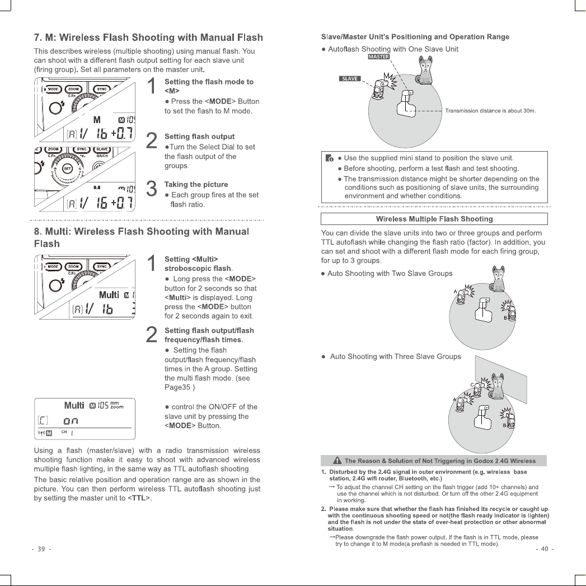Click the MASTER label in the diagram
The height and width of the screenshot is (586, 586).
point(378,57)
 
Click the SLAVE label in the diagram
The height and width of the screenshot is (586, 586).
point(350,78)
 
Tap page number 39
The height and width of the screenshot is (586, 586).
point(41,549)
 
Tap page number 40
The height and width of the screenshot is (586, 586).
point(545,549)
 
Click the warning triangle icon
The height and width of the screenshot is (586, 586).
point(337,461)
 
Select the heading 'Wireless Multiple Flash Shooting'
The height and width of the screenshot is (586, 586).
point(434,219)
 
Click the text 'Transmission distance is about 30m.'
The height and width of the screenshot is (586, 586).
point(490,111)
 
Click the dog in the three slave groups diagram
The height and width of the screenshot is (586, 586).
point(498,386)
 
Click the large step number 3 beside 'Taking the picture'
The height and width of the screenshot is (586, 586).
point(151,189)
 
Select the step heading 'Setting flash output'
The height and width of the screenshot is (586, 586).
point(200,137)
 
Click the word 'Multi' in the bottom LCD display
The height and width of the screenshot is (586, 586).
point(74,405)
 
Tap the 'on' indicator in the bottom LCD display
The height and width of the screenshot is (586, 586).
point(71,421)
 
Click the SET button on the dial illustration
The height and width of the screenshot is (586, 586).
point(67,168)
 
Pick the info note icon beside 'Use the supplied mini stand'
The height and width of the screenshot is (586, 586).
point(329,158)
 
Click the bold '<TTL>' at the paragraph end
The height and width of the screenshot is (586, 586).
point(139,498)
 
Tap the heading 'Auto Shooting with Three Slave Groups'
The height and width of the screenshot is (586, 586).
point(395,357)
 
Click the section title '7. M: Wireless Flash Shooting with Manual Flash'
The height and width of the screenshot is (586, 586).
point(148,37)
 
